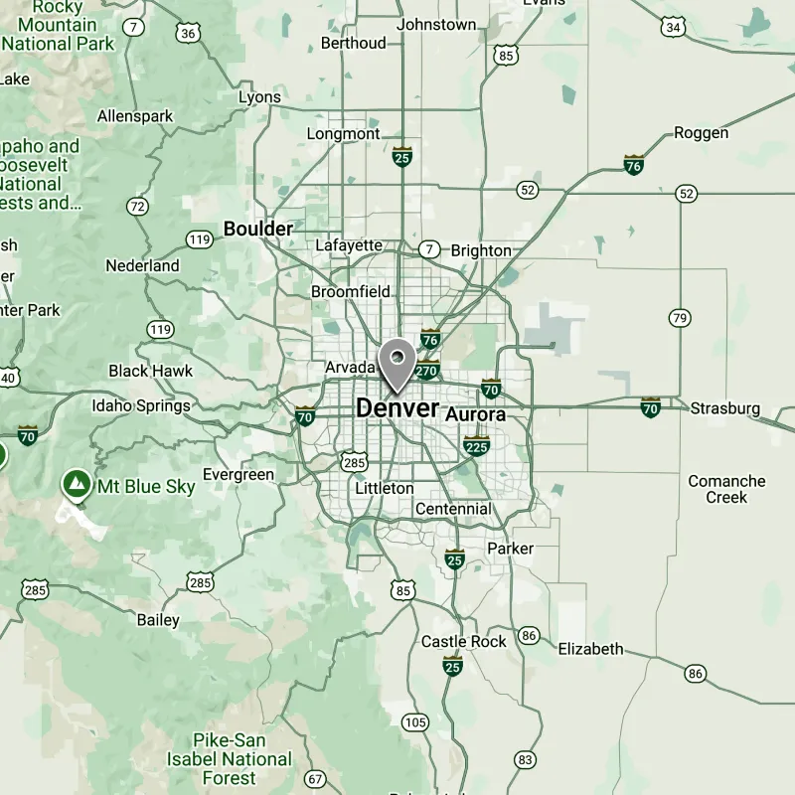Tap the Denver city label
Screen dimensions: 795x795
pos(397,407)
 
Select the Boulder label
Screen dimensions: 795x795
pos(258,229)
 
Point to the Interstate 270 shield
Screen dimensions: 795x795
pos(427,371)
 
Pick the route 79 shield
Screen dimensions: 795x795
pos(679,318)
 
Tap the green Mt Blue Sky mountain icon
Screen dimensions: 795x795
pos(74,485)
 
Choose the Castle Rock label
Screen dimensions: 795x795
pos(464,641)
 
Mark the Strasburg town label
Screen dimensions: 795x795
pos(725,408)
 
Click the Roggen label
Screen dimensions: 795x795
pos(702,132)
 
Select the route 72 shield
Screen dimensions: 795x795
pos(138,207)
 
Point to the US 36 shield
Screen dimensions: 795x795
pos(189,33)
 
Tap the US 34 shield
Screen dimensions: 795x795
pos(675,27)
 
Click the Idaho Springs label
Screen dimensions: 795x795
pos(141,405)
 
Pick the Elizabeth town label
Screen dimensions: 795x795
pos(590,649)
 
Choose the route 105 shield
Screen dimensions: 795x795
pos(416,722)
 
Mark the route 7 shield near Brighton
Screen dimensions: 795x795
pos(428,248)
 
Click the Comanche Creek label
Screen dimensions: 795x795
pos(726,489)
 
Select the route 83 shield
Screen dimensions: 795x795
pos(526,760)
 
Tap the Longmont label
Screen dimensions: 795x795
pos(343,133)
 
